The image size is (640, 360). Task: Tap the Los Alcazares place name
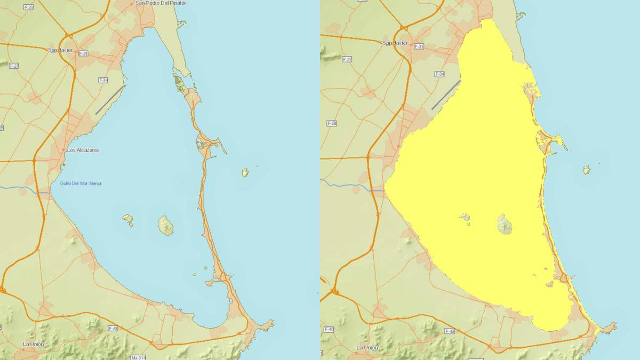83,150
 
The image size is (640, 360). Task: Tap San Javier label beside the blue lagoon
60,50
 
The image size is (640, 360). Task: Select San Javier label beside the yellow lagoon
395,43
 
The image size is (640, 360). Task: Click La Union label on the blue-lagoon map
33,344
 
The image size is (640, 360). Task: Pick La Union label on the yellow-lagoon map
367,348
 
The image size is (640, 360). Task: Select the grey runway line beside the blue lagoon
110,100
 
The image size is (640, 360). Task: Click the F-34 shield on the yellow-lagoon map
439,74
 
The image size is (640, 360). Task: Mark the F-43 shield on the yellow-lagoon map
449,331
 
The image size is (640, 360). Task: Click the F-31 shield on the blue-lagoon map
83,53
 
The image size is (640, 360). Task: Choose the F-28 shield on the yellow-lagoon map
331,123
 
